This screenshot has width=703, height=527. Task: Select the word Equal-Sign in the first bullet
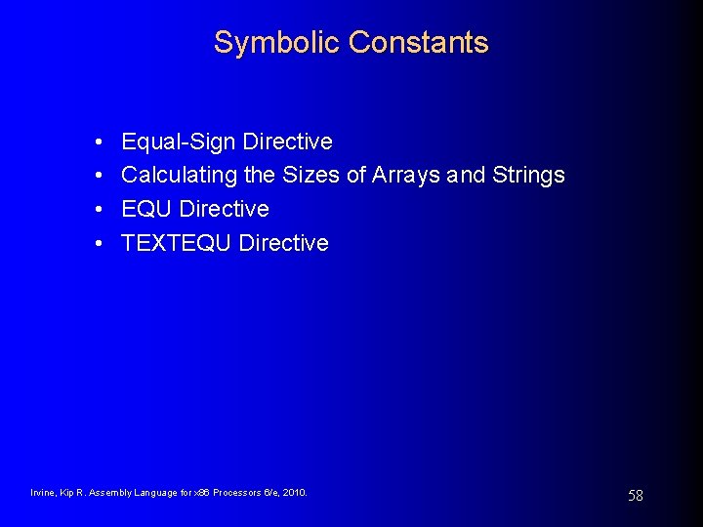coord(179,142)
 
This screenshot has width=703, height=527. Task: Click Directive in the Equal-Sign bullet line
coord(287,142)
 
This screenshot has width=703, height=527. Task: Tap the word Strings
coord(528,176)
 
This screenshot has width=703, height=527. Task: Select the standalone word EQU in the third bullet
coord(147,209)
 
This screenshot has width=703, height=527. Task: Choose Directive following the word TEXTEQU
coord(283,243)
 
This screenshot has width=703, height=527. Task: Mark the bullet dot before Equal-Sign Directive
coord(102,142)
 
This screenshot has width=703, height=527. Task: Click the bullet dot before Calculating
coord(102,176)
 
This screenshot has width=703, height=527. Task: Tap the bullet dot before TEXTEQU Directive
coord(102,243)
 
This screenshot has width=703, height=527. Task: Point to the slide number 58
coord(636,496)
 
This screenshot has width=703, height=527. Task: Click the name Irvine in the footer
coord(43,493)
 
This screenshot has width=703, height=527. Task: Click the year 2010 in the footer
coord(294,493)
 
